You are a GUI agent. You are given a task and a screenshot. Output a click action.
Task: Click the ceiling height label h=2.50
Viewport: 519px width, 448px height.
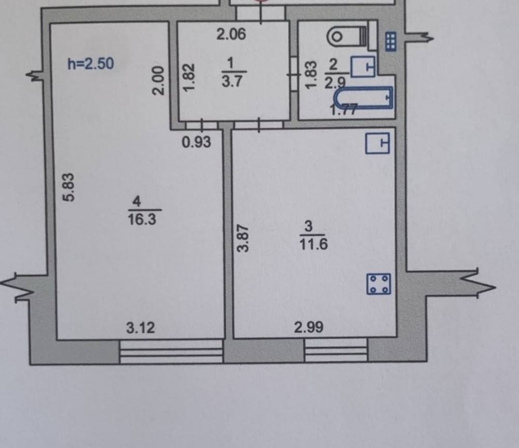coord(91,63)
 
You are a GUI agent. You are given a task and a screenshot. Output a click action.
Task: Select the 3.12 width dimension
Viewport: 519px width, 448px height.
coord(141,328)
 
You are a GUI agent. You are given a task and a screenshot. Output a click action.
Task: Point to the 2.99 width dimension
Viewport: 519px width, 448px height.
coord(309,328)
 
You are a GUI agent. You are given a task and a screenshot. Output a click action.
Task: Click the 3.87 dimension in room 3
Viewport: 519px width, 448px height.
coord(244,238)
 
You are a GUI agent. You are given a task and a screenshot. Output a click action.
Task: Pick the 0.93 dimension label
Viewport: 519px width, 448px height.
coord(197,142)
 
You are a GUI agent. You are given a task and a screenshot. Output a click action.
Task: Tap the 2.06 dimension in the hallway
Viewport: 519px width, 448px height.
coord(231,34)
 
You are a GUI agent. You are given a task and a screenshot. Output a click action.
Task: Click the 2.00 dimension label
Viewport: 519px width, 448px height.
coord(158,81)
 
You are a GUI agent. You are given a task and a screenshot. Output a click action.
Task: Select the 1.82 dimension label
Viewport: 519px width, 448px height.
coord(189,78)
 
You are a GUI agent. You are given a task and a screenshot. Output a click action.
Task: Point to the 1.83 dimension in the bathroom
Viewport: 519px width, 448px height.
coord(311,75)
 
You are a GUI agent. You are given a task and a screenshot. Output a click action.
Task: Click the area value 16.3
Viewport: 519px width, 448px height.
coord(142,219)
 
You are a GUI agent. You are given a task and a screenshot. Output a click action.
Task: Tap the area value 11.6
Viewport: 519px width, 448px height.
coord(313,245)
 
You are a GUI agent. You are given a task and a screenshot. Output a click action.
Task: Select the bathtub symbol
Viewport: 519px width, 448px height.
coord(363,98)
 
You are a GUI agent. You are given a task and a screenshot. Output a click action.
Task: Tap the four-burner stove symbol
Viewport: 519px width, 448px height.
coord(379,284)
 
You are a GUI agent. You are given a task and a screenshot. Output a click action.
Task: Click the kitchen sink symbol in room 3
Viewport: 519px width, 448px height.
coord(377,143)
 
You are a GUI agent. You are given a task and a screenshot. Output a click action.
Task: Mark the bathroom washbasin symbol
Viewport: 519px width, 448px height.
coord(363,66)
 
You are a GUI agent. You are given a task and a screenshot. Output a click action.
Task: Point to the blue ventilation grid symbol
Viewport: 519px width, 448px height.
coord(391,42)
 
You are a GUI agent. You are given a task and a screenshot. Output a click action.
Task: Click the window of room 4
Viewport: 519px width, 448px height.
coord(171,351)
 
